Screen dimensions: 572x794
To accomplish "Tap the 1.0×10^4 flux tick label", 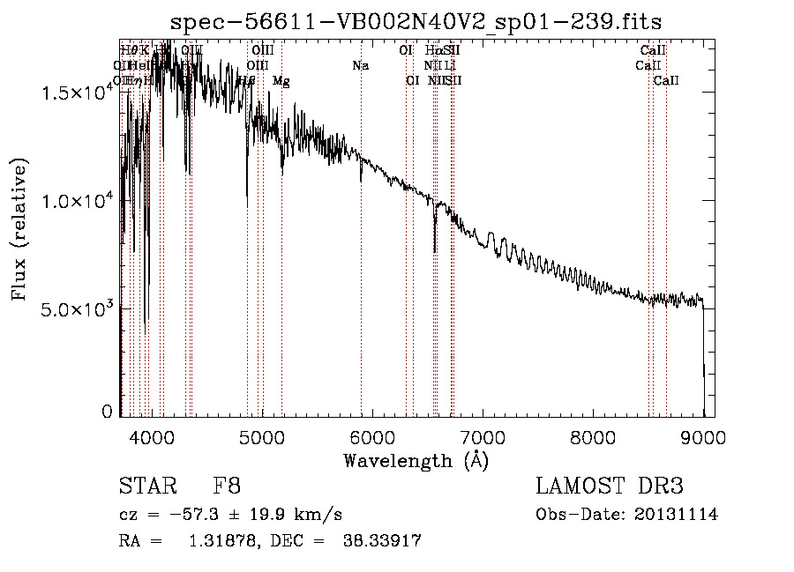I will pyautogui.click(x=76, y=201).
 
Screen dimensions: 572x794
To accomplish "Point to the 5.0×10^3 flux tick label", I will pyautogui.click(x=76, y=309).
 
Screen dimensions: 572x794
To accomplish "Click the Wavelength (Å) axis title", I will pyautogui.click(x=416, y=460).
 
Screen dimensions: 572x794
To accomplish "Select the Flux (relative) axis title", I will pyautogui.click(x=19, y=229).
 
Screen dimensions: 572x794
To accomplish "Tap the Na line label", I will pyautogui.click(x=360, y=66).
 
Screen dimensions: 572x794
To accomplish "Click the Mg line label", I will pyautogui.click(x=281, y=81).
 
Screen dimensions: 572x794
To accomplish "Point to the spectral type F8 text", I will pyautogui.click(x=227, y=487).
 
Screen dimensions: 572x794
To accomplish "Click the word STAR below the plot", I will pyautogui.click(x=147, y=487).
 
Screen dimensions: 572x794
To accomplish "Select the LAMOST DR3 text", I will pyautogui.click(x=610, y=487).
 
